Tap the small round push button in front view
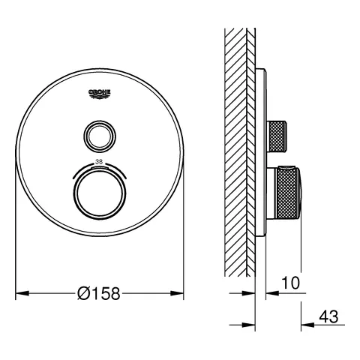100,135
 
